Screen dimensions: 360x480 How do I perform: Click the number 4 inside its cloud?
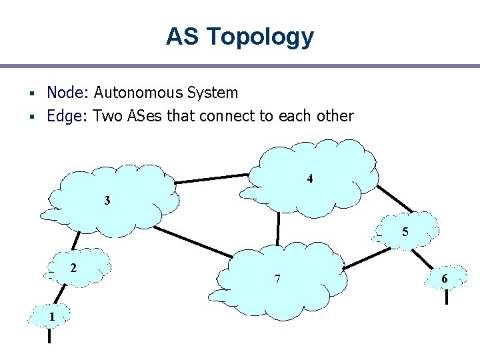tap(310, 179)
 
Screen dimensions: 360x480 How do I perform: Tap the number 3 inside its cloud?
tap(107, 200)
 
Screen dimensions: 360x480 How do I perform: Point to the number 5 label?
tap(405, 232)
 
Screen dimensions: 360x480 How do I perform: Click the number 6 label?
tap(444, 278)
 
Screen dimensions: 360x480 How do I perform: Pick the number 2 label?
tap(73, 267)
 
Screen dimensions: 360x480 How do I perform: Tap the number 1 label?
tap(51, 316)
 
